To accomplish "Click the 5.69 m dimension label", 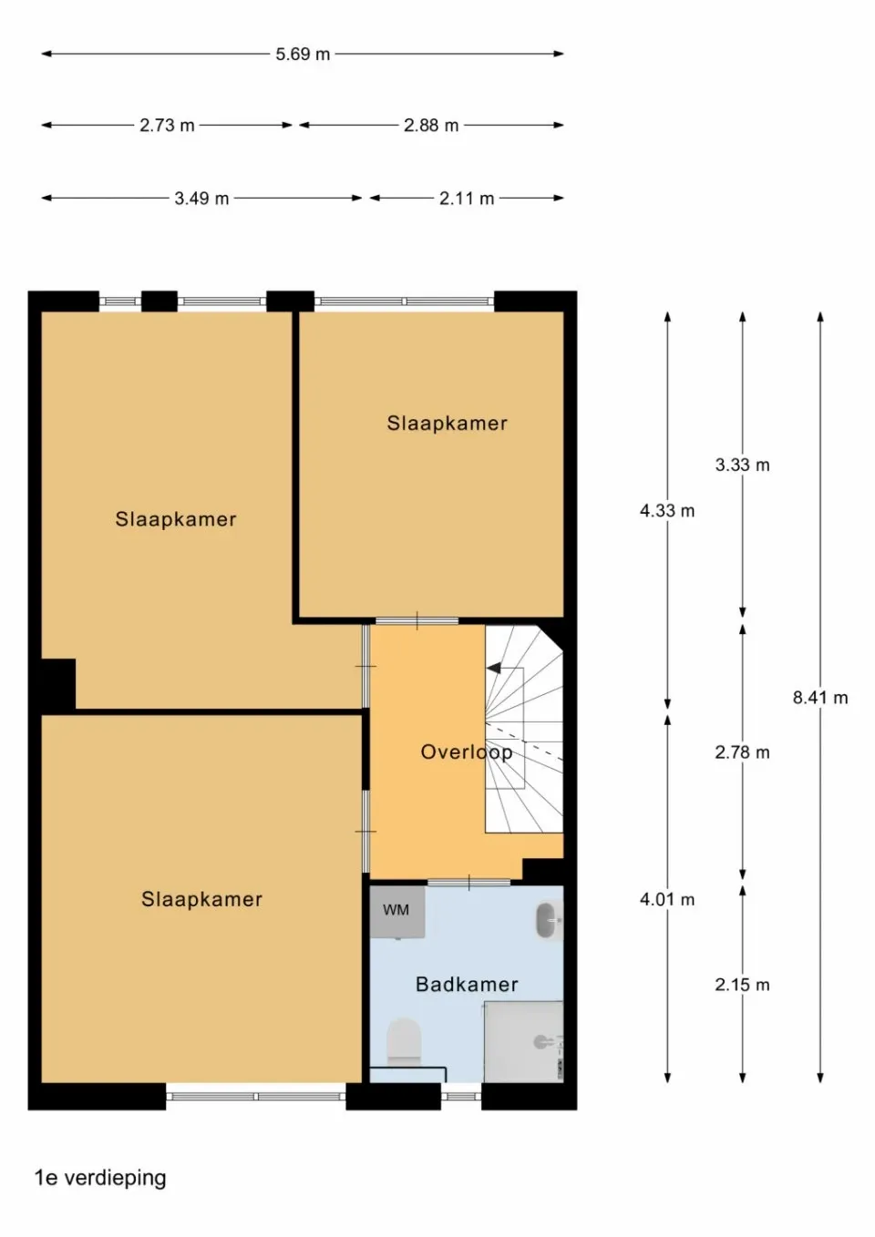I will click(303, 55).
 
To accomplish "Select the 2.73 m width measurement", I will click(167, 126).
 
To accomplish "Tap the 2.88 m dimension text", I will click(431, 126).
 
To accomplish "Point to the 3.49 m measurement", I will click(201, 199).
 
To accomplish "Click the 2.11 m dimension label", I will click(467, 199).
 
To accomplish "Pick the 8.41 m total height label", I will click(819, 698).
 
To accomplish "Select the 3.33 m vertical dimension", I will click(742, 465).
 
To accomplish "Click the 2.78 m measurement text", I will click(742, 752).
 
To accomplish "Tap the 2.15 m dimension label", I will click(742, 985).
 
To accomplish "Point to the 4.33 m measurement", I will click(667, 511).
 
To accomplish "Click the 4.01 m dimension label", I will click(667, 900).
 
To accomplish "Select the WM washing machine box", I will click(396, 910).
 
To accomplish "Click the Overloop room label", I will click(466, 752).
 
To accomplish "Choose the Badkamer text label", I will click(467, 985).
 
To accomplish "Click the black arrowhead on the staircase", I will click(494, 669).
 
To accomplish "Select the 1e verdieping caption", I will click(100, 1178).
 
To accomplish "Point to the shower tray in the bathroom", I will click(523, 1042).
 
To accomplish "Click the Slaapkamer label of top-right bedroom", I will click(447, 424).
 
